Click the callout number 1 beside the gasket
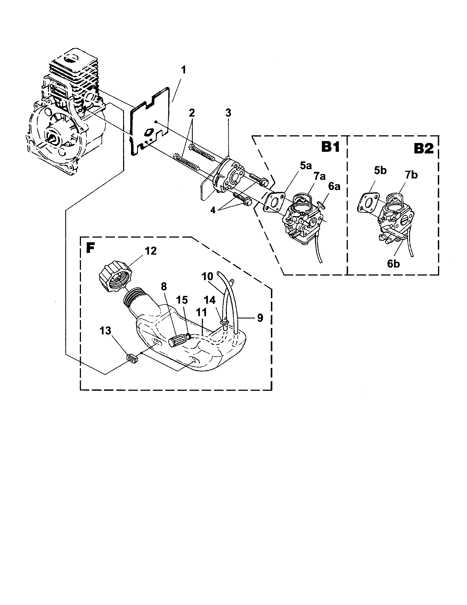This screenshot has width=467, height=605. click(183, 70)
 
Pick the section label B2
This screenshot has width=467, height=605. click(423, 149)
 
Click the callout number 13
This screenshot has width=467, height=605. click(105, 331)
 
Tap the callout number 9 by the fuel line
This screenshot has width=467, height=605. click(260, 318)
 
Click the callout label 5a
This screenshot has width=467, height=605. click(306, 166)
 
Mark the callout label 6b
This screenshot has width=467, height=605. click(393, 264)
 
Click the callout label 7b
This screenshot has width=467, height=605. click(411, 175)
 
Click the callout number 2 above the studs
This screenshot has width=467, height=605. click(192, 113)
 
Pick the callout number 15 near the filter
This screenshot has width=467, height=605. click(182, 300)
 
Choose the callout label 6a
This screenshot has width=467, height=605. click(334, 186)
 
